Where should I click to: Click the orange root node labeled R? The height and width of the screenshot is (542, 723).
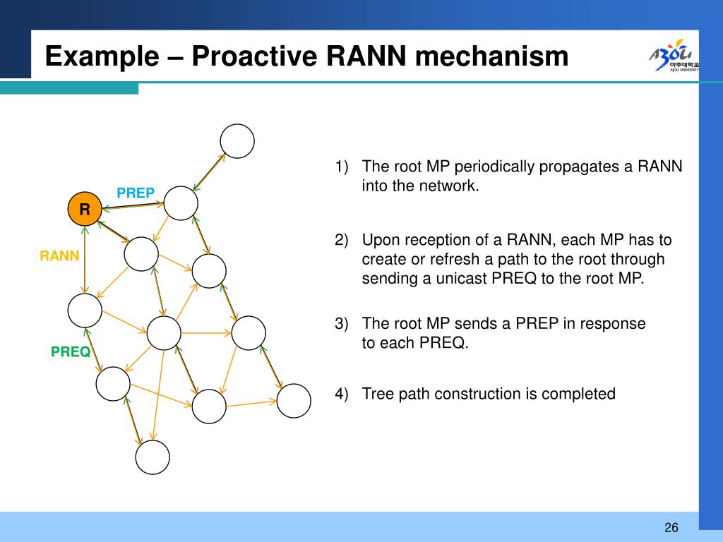pos(85,209)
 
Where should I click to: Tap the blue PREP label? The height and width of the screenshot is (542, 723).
pos(136,193)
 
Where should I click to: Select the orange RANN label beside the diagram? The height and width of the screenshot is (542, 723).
pos(59,255)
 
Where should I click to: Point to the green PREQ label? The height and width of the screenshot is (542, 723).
pos(71,351)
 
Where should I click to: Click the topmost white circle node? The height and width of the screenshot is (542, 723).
pos(237,141)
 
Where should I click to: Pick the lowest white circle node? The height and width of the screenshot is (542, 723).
pos(153,457)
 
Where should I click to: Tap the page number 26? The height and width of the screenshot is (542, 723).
pos(671,528)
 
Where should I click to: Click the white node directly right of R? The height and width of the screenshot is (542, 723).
pos(181,203)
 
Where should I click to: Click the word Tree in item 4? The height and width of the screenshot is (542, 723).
pos(376,394)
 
